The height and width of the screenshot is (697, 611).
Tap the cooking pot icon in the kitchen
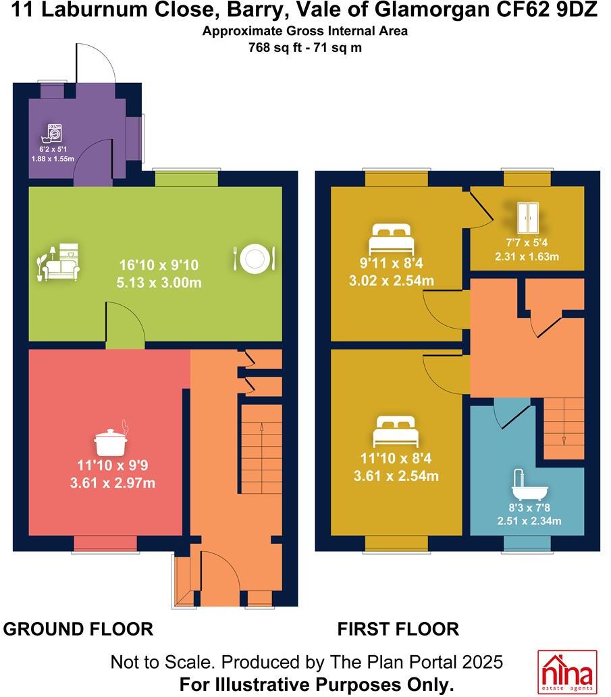(112, 440)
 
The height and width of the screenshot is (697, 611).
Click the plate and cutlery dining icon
(254, 257)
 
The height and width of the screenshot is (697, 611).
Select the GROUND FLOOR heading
(78, 629)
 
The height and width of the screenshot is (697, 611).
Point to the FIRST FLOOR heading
(398, 629)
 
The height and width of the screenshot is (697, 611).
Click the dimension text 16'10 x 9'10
(155, 264)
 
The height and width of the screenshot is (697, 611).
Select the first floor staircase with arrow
(564, 428)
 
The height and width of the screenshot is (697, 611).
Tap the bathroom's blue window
(526, 543)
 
